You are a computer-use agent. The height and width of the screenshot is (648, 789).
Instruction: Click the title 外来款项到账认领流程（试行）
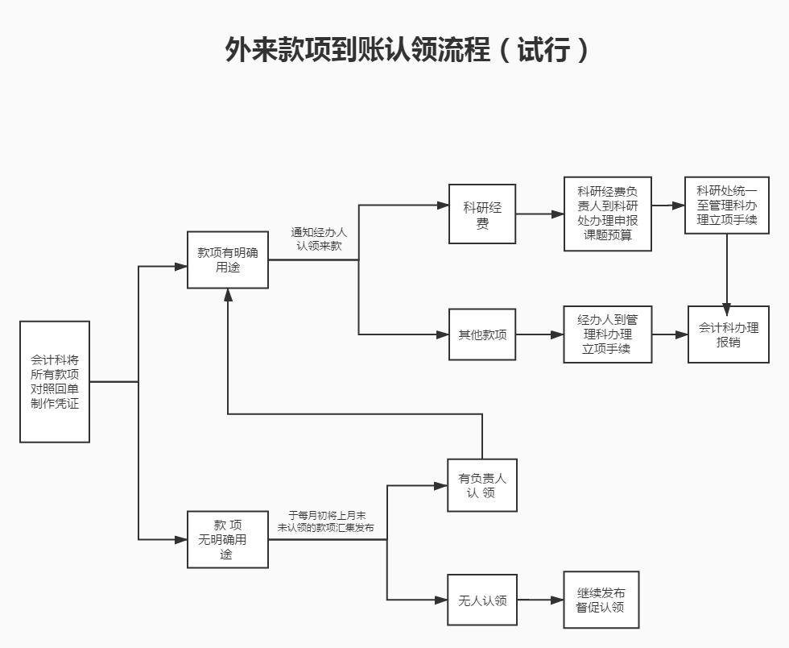point(407,50)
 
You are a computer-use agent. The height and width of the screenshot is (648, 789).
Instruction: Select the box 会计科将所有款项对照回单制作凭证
point(55,381)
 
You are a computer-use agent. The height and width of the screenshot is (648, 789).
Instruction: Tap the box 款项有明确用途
point(228,260)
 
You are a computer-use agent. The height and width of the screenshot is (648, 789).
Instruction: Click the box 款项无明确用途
point(228,539)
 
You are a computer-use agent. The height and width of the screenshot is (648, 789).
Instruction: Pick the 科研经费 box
point(482,214)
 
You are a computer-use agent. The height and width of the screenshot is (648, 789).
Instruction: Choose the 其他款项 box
point(482,334)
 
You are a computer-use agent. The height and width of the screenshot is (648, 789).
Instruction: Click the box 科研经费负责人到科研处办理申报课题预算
point(608,214)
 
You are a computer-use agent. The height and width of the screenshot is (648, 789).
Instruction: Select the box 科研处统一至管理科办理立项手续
point(727,206)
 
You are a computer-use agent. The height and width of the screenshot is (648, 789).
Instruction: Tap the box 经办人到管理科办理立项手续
point(608,334)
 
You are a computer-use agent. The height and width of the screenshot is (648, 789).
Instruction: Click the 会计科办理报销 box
point(728,334)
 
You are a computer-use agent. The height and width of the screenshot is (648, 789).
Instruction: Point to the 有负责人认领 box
point(482,485)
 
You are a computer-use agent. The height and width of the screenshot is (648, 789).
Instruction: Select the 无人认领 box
point(482,600)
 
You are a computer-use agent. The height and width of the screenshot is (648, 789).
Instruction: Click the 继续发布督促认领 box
point(601,600)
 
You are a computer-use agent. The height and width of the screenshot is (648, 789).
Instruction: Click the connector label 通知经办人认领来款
point(319,239)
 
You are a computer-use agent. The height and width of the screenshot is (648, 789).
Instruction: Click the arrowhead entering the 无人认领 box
point(441,600)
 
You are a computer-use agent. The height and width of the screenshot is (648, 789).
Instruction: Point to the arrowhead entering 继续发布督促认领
point(558,600)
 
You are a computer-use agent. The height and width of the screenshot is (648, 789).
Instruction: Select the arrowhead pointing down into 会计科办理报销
point(727,308)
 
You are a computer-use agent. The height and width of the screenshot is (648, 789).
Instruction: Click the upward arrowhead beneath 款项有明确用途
point(228,295)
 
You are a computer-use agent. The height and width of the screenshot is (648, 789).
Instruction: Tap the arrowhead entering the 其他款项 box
point(442,334)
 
